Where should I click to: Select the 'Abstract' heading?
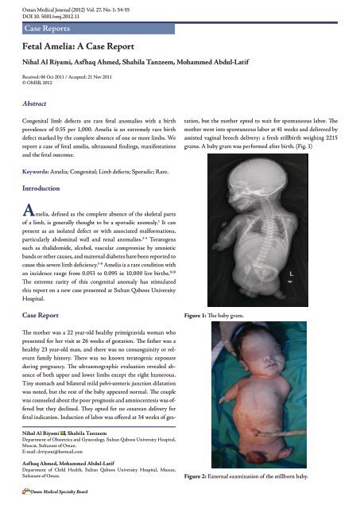pos(37,103)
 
